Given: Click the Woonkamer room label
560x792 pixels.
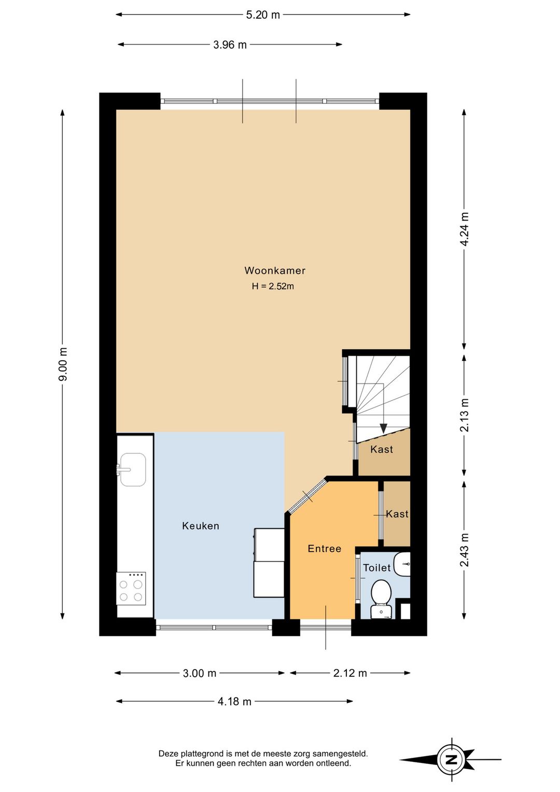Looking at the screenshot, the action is click(x=274, y=271).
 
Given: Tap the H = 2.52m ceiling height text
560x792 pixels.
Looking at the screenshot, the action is click(x=273, y=286).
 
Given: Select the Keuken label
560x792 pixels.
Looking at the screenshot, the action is click(x=200, y=526).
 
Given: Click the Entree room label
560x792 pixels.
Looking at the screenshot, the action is click(x=325, y=549).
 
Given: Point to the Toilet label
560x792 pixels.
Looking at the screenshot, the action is click(x=376, y=568).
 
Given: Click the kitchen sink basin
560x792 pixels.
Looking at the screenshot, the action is click(x=133, y=470).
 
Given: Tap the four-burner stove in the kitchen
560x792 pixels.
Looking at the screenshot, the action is click(x=131, y=589).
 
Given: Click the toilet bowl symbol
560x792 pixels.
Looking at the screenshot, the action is click(x=382, y=599).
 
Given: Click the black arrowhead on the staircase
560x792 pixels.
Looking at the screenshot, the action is click(x=383, y=428).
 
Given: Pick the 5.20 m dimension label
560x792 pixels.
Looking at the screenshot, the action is click(x=263, y=15).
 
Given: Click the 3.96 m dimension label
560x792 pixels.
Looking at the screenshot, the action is click(x=230, y=45).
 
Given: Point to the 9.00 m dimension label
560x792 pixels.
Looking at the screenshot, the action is click(x=63, y=364).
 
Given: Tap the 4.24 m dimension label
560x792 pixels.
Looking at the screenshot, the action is click(x=464, y=229).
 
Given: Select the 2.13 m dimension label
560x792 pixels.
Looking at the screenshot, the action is click(x=464, y=415).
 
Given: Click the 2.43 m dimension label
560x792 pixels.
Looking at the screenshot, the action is click(x=464, y=550).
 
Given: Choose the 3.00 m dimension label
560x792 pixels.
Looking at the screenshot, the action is click(x=199, y=673).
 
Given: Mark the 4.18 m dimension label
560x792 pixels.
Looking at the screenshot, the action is click(x=234, y=702).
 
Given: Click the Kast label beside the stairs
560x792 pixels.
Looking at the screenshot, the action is click(x=382, y=449).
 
